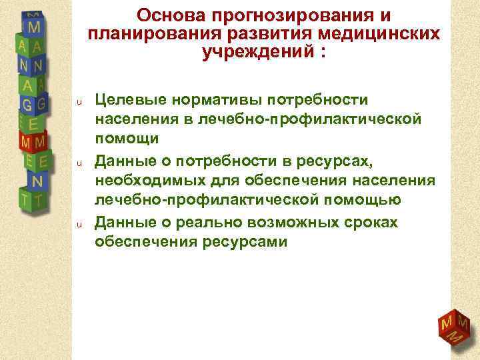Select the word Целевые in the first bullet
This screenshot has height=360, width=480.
[129, 100]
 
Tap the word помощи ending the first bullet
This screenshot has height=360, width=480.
[127, 139]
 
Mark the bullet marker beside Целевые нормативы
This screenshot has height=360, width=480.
[78, 102]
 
